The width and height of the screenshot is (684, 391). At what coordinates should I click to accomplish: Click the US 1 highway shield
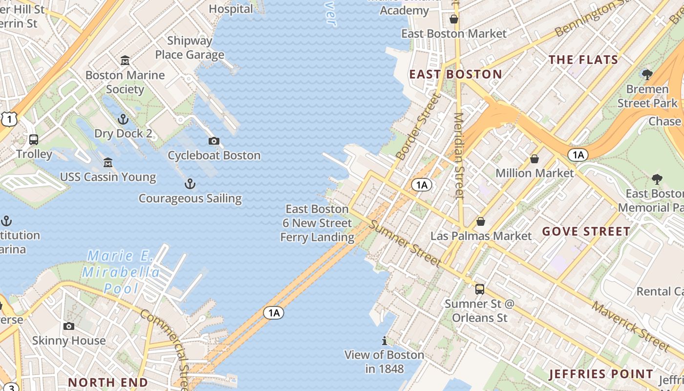click(9, 119)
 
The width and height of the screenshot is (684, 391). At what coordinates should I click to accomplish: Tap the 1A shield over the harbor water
click(274, 313)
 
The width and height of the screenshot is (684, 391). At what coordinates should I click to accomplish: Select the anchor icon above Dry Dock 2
click(123, 119)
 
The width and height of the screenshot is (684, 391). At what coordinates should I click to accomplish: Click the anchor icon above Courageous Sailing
click(190, 184)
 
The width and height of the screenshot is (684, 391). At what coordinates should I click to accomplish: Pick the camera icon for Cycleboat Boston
click(214, 141)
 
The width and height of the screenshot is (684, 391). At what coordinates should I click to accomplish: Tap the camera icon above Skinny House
click(69, 326)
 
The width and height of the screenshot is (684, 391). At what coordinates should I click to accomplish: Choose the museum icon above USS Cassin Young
click(108, 163)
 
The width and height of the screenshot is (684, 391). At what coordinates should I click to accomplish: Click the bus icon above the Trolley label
click(34, 140)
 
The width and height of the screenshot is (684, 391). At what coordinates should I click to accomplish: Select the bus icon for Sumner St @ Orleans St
click(480, 289)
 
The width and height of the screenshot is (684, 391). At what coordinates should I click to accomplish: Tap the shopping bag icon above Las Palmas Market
click(481, 222)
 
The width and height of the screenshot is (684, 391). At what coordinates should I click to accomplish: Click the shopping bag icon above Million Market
click(534, 159)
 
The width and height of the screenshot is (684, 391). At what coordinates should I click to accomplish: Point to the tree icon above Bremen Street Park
click(647, 75)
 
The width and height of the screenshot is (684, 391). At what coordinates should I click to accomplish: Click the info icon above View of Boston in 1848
click(385, 341)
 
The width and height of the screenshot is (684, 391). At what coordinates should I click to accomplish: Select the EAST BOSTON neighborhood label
click(455, 74)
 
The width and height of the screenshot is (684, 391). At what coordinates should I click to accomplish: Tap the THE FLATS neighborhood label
click(583, 60)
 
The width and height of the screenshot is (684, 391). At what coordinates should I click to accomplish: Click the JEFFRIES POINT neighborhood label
click(601, 374)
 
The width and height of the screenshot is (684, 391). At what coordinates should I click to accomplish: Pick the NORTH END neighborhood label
click(108, 382)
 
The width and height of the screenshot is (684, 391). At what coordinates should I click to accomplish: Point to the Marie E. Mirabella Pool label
click(121, 272)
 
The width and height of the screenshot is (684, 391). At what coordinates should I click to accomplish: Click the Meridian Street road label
click(458, 155)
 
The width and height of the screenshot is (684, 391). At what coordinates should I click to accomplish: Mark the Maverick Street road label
click(630, 326)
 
